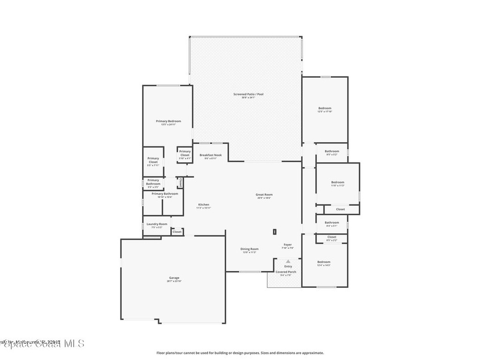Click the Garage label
pos(174,277)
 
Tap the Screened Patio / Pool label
pos(248,94)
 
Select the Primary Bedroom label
pos(168,121)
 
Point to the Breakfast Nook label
pos(210,155)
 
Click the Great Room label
pos(264,195)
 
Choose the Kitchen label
pos(203,204)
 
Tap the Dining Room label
pos(249,249)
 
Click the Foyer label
pos(288,245)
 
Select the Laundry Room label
pos(157,224)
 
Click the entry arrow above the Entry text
pos(288,261)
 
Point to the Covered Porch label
pos(285,272)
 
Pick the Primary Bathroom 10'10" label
pos(165,194)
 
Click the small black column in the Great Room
pos(275,231)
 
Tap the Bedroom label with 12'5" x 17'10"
pos(325,108)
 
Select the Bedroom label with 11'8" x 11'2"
pos(337,182)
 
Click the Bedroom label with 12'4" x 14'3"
pos(324,262)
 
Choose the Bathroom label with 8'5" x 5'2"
pos(332,151)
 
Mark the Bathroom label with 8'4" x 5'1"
pos(332,223)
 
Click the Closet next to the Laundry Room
pos(177,232)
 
